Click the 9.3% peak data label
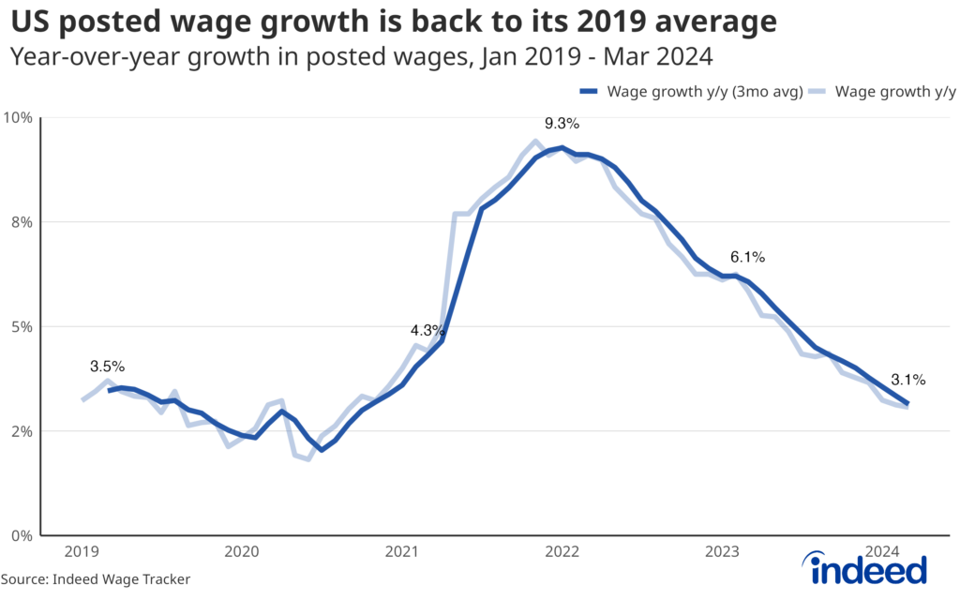point(562,123)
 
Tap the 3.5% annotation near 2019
point(107,366)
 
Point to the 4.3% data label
point(427,330)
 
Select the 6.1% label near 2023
point(748,256)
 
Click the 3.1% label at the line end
point(908,380)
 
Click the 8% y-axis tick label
point(22,222)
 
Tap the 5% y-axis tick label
point(22,326)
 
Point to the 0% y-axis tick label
point(22,535)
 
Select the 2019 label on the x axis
point(82,551)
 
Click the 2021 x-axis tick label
point(402,551)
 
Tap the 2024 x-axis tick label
point(883,551)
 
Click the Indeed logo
point(867,566)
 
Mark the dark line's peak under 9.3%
point(562,147)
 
